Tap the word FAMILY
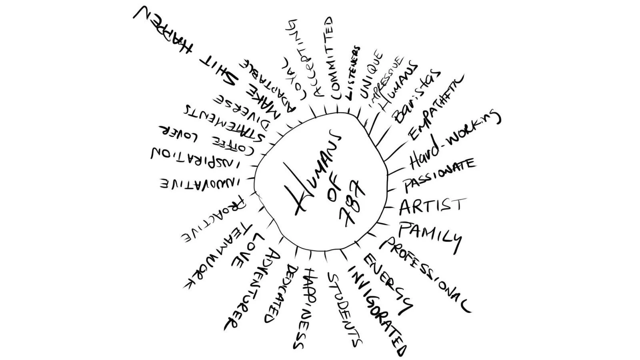(430, 236)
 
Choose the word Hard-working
(454, 140)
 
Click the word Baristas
(416, 96)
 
